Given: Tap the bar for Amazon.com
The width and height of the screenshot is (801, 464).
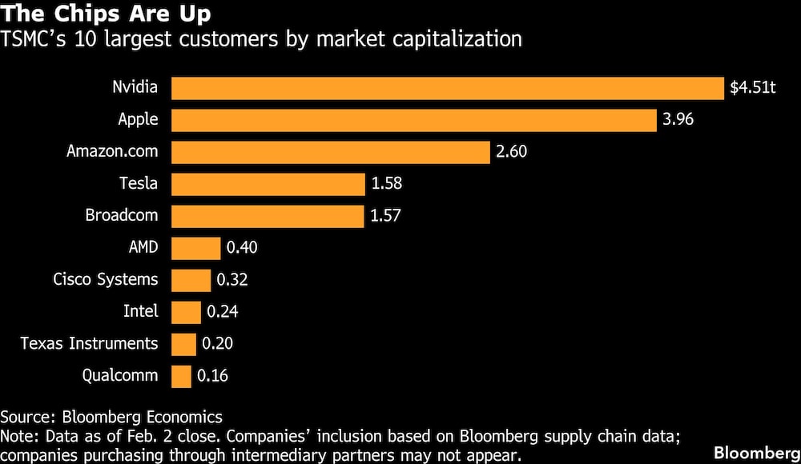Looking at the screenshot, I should click(x=330, y=152).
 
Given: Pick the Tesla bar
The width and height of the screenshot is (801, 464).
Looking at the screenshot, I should click(x=268, y=184).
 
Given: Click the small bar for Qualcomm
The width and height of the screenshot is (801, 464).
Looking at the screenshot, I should click(x=182, y=376).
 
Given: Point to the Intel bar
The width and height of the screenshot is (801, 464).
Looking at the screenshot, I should click(x=186, y=312).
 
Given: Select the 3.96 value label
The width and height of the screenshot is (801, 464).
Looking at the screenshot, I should click(x=678, y=120).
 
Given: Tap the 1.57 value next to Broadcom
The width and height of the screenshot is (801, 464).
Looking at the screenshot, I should click(x=386, y=216).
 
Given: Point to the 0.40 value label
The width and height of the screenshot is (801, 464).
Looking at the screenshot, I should click(x=243, y=248).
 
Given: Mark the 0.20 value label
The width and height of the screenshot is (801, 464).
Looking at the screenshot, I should click(x=218, y=344).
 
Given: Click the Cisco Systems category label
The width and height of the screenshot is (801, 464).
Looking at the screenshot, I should click(x=106, y=279).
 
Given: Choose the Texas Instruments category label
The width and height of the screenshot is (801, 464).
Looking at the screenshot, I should click(x=89, y=343).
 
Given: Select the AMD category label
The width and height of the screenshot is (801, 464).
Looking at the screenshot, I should click(x=143, y=247).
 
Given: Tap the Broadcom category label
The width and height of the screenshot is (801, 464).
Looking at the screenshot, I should click(x=122, y=215).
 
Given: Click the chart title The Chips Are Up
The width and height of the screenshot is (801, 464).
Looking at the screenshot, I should click(x=107, y=14).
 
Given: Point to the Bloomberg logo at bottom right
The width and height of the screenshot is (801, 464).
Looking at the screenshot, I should click(x=756, y=450).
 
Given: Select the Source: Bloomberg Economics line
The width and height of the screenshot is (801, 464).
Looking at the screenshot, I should click(x=111, y=417).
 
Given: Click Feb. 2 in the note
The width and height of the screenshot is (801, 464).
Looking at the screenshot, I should click(x=175, y=436).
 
